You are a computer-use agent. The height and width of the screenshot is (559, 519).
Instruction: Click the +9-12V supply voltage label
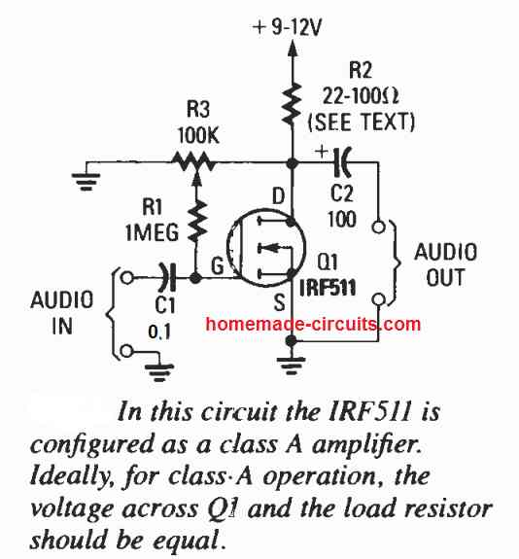coord(287,27)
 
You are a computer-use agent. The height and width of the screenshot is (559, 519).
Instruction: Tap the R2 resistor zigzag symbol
coord(292,104)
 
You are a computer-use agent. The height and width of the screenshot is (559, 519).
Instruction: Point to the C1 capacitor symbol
coord(168,277)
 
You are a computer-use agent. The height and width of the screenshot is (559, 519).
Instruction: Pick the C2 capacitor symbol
coord(341,162)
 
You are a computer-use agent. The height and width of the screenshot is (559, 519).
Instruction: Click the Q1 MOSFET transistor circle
coord(266,247)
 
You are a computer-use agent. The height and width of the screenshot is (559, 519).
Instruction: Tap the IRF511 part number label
coord(328,288)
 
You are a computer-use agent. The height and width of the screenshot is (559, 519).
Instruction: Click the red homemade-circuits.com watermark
coord(313,324)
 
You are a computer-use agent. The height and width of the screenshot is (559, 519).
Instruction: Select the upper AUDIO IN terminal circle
coord(127,277)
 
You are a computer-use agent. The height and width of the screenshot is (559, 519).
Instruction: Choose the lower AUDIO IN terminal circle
coord(127,351)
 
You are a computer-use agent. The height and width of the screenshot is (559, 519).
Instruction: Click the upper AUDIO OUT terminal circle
coord(378,227)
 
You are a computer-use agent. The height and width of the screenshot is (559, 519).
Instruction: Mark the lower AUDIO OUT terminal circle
coord(378,299)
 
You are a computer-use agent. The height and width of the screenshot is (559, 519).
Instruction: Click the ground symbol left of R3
coord(86,181)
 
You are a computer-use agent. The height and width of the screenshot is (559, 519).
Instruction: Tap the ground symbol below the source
coord(292,367)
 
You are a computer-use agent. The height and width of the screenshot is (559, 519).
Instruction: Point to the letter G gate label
coord(217,265)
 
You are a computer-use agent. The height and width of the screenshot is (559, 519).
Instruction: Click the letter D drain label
coord(278,196)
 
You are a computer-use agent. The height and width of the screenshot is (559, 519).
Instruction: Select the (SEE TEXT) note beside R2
coord(362,122)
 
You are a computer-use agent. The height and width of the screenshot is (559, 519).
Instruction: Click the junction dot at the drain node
coord(293,163)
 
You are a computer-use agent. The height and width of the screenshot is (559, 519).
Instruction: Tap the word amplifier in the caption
coord(367,445)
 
